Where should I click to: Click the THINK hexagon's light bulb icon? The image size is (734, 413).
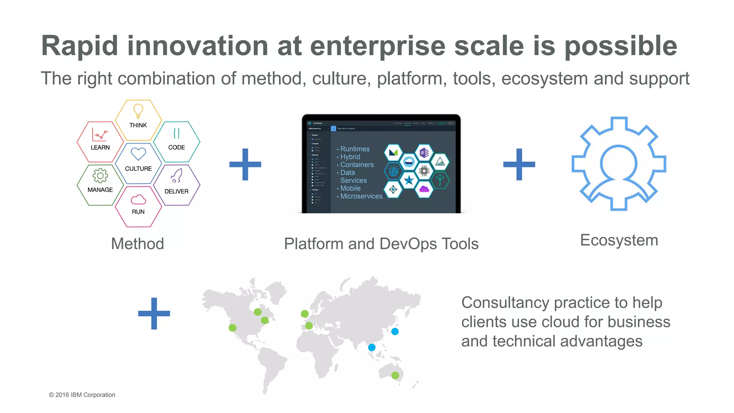138,111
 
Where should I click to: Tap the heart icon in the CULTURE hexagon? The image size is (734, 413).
138,154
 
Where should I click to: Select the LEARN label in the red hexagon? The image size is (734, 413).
100,147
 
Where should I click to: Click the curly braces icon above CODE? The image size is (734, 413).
176,133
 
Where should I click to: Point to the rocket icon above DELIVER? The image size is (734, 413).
176,176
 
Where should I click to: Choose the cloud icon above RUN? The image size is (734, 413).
138,199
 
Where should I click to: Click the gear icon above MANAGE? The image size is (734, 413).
100,176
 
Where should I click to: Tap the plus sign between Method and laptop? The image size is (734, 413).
245,164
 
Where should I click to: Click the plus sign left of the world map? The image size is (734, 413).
154,313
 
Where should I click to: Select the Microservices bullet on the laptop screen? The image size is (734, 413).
361,196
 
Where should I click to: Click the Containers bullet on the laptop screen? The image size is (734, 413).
357,165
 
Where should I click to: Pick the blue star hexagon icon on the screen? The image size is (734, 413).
409,180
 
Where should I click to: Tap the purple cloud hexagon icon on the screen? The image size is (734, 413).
424,189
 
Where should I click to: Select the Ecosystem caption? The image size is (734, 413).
619,240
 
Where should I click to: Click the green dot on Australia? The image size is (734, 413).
395,375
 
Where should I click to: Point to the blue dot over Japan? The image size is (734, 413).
395,331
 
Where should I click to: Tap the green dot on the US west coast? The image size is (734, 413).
233,328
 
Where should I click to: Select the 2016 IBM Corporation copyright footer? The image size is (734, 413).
82,395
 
